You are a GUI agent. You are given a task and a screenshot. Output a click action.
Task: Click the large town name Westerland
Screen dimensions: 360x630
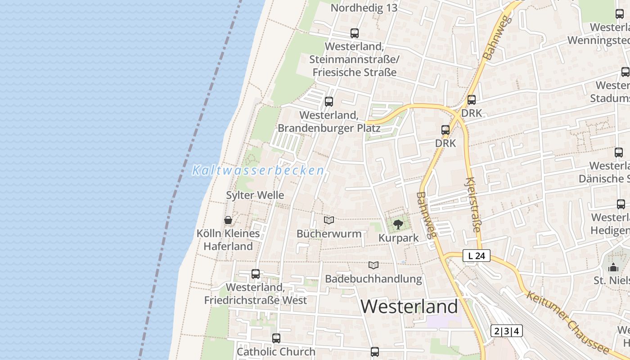[x=409, y=307]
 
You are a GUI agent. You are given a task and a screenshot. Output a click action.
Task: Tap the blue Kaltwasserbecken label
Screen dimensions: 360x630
[x=258, y=171]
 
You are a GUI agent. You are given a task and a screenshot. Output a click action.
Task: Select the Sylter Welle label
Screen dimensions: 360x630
[x=255, y=195]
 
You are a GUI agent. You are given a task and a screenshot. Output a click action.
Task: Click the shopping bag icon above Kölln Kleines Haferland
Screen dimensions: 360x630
[x=228, y=220]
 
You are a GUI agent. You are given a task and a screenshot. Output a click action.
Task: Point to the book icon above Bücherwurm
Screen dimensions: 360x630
[x=329, y=220]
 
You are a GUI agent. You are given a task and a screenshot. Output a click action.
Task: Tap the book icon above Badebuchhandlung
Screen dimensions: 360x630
[x=373, y=265]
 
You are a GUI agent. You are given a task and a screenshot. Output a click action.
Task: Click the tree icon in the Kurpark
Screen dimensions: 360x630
[x=398, y=224]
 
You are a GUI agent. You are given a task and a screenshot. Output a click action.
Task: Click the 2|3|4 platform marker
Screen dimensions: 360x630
[x=506, y=331]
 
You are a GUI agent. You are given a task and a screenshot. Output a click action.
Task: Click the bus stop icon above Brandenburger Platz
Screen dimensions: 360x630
[x=329, y=101]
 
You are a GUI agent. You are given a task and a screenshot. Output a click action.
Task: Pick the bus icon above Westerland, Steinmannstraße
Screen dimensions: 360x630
[x=355, y=33]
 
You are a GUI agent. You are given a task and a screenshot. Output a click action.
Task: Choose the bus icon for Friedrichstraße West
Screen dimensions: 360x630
[x=256, y=274]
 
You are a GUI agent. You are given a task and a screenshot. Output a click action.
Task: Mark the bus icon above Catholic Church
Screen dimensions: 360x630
[x=276, y=338]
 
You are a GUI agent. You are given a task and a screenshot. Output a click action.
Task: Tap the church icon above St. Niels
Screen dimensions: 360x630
[x=613, y=268]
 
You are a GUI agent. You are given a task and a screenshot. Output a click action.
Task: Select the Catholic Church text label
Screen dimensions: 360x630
[x=276, y=351]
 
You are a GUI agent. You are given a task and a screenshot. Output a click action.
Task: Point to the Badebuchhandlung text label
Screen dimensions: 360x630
[x=373, y=279]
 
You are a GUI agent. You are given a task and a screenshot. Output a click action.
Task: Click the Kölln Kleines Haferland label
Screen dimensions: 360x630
[x=228, y=240]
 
